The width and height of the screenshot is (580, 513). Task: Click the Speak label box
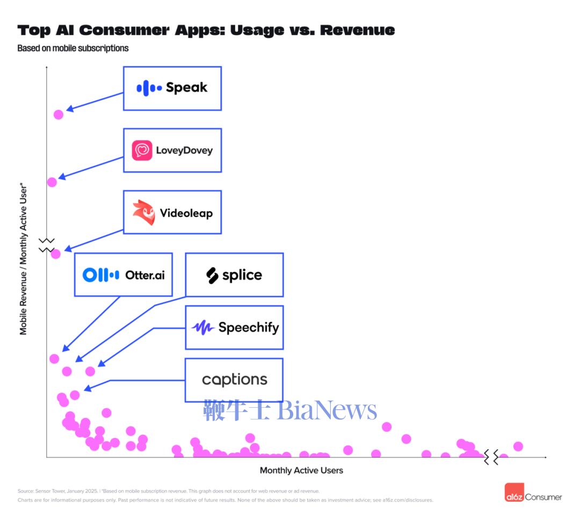tap(172, 89)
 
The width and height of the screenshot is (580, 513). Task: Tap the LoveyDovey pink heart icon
tap(142, 150)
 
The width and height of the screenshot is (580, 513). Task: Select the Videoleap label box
tap(172, 212)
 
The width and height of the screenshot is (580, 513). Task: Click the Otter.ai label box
tap(123, 274)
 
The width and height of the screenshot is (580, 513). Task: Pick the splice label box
tap(234, 275)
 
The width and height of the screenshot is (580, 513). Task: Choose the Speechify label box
tap(234, 327)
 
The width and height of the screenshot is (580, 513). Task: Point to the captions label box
tap(234, 380)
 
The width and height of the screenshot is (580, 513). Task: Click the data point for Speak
tap(59, 114)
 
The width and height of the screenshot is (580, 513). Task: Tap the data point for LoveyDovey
tap(52, 182)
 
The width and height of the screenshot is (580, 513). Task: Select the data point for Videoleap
tap(56, 254)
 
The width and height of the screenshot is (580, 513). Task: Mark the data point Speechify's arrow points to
tap(90, 371)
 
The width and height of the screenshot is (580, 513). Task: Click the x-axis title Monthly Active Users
tap(301, 471)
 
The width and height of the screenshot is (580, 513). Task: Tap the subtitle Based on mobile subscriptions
tap(73, 48)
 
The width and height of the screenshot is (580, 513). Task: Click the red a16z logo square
tap(514, 493)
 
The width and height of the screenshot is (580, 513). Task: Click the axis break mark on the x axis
tap(491, 457)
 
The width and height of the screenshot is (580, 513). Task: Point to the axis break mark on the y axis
tap(47, 245)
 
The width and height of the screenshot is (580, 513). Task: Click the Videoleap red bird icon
tap(143, 212)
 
